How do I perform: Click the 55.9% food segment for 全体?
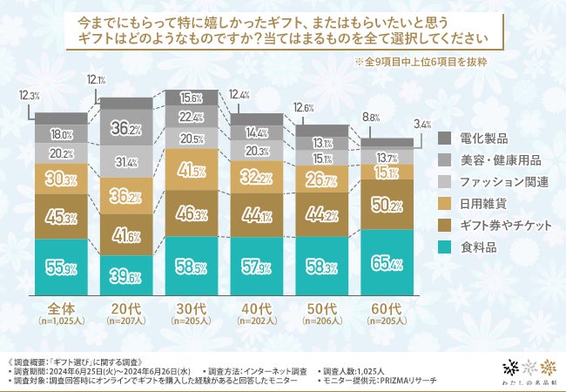pyautogui.click(x=61, y=265)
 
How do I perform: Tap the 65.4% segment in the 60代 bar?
pyautogui.click(x=387, y=260)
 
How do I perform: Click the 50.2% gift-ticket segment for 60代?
pyautogui.click(x=387, y=205)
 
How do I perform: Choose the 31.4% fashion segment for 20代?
pyautogui.click(x=126, y=163)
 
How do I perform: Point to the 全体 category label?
pyautogui.click(x=60, y=308)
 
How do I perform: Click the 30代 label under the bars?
pyautogui.click(x=192, y=308)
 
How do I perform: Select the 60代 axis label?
pyautogui.click(x=387, y=308)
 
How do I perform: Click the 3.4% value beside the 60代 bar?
pyautogui.click(x=421, y=125)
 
